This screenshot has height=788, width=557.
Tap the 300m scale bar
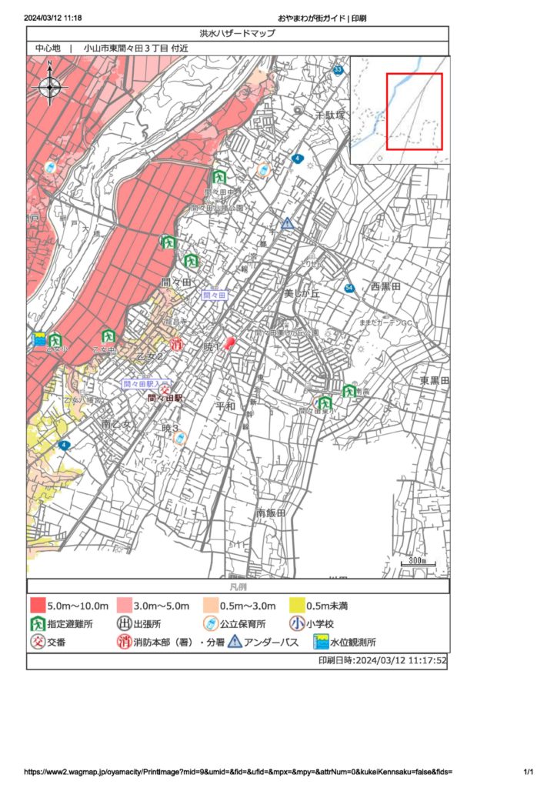(417, 563)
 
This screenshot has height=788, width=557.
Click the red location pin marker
(228, 343)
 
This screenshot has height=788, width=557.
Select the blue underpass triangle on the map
(287, 223)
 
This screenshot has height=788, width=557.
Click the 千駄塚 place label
(332, 115)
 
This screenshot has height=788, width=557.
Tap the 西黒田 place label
(385, 286)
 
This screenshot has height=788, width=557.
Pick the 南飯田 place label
(271, 513)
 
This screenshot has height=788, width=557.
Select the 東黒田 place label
(434, 381)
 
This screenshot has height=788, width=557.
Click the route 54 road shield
(349, 288)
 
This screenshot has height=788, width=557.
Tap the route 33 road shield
(339, 71)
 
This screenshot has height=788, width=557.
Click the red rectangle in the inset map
(414, 111)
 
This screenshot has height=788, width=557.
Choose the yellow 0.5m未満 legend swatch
(298, 606)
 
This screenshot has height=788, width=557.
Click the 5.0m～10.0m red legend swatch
(37, 606)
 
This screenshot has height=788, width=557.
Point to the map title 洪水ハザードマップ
(237, 34)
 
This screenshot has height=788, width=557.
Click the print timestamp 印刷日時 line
(382, 660)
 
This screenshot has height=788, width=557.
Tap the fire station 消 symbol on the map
(177, 344)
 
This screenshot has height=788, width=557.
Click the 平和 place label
(225, 406)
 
